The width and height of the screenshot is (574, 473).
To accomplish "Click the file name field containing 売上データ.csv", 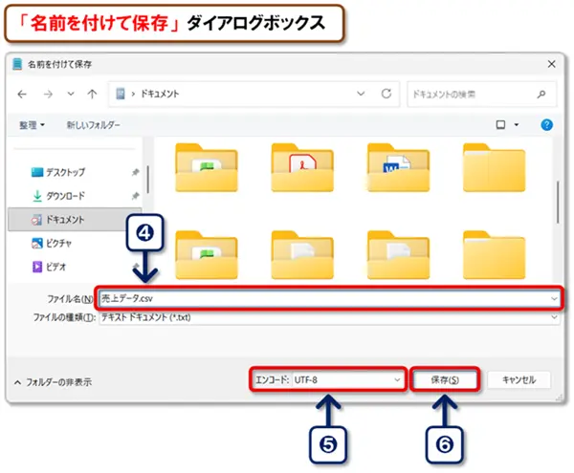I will (325, 298).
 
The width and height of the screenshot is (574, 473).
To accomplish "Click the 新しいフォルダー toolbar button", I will (93, 125).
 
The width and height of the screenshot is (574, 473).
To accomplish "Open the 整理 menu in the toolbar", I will (33, 125).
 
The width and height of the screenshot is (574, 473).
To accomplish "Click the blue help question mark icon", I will (546, 125).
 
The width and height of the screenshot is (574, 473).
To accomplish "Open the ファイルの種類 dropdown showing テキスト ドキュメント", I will (325, 316).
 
